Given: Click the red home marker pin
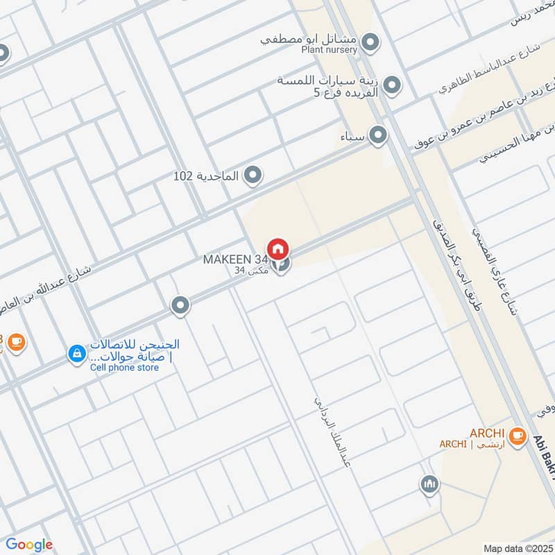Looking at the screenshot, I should tap(278, 248).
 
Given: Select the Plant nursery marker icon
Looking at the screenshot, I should tap(370, 43).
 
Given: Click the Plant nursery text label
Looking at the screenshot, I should tap(329, 50).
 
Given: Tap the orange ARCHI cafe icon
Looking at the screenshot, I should tap(516, 435).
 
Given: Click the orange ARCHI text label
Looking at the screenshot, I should tap(487, 433).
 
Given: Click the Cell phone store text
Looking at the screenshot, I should tap(124, 368).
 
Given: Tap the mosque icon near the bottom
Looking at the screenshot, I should tap(429, 484).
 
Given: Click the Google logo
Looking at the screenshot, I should tap(29, 545).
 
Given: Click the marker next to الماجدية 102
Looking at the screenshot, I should tap(253, 176).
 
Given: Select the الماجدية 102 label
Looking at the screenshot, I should tap(206, 176).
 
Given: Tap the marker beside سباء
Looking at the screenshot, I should tap(377, 135).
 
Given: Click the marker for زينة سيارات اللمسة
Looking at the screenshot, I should tap(392, 86).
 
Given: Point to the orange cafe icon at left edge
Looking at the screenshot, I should tap(17, 341).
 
